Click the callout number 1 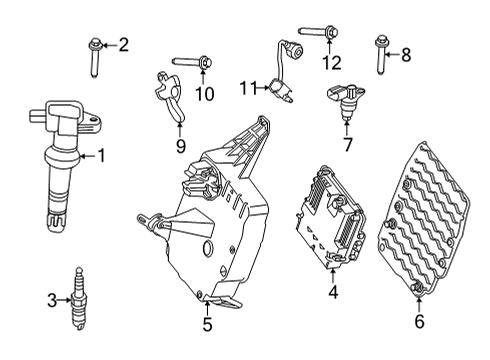[102, 155]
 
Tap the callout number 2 [124, 44]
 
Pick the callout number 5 [208, 323]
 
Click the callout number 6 [419, 321]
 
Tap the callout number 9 [180, 146]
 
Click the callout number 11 [248, 89]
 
